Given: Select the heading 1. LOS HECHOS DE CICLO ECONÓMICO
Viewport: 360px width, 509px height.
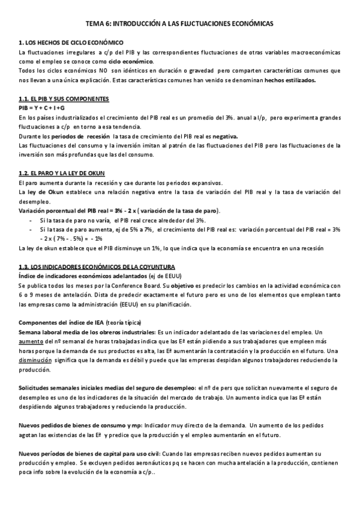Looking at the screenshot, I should tap(71, 43).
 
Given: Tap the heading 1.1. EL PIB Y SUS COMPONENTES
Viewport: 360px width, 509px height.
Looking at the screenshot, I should tap(64, 98).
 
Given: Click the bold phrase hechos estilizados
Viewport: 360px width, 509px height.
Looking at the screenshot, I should tap(294, 79).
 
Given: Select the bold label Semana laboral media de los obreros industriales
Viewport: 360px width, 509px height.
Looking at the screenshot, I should tap(87, 332).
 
